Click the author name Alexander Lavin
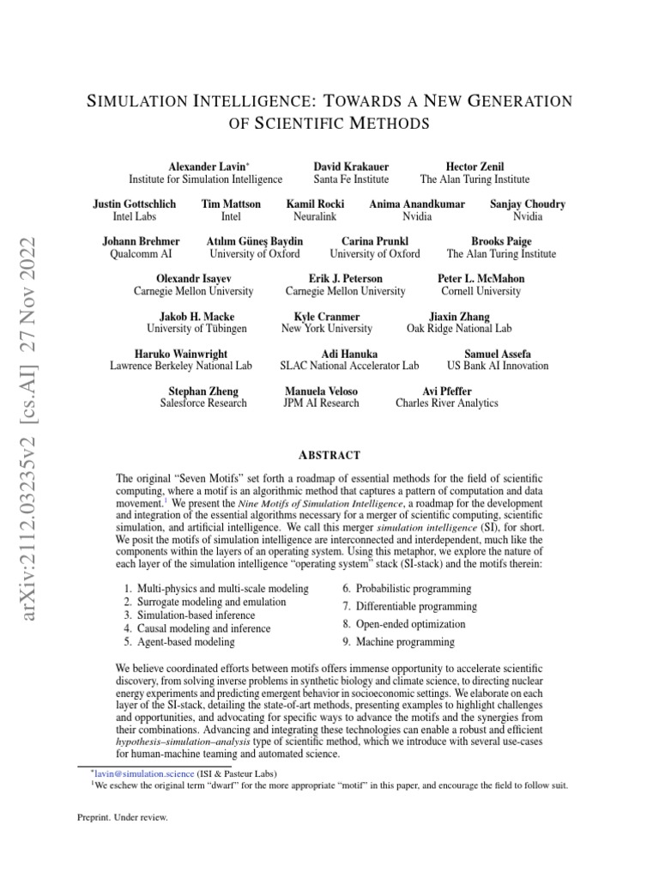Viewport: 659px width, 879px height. pyautogui.click(x=203, y=166)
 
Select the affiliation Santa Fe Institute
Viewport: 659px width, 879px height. pyautogui.click(x=351, y=179)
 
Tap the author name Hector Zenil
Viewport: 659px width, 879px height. pyautogui.click(x=475, y=166)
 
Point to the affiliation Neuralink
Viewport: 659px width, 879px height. pyautogui.click(x=309, y=217)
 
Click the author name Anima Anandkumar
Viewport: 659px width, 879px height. pyautogui.click(x=417, y=203)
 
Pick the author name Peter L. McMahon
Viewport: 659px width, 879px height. pyautogui.click(x=481, y=279)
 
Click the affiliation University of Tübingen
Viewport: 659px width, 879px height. pyautogui.click(x=196, y=329)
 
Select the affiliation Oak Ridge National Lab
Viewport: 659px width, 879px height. pyautogui.click(x=459, y=329)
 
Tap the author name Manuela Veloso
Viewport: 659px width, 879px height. pyautogui.click(x=321, y=391)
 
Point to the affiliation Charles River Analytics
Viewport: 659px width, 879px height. pyautogui.click(x=446, y=403)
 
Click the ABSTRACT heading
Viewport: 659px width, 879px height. pyautogui.click(x=329, y=455)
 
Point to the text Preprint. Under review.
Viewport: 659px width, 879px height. pyautogui.click(x=123, y=817)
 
